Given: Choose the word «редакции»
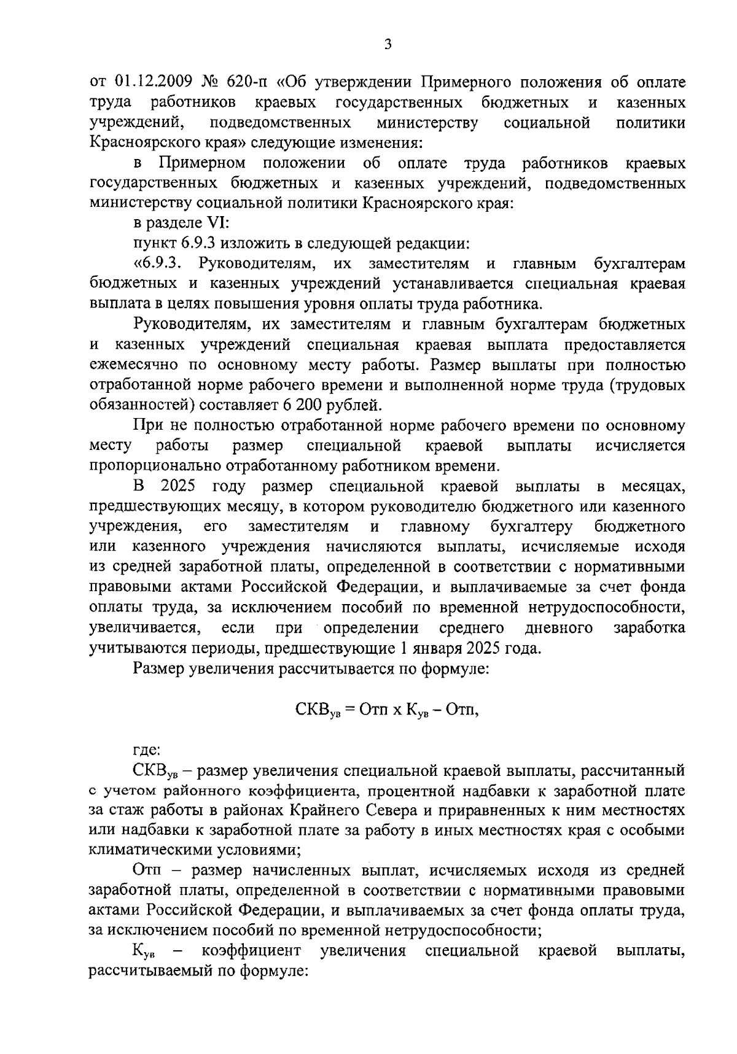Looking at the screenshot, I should click(436, 244).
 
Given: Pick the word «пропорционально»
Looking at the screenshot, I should click(155, 466).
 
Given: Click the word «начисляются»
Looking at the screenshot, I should click(374, 546).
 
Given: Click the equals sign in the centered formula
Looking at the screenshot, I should click(350, 710).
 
